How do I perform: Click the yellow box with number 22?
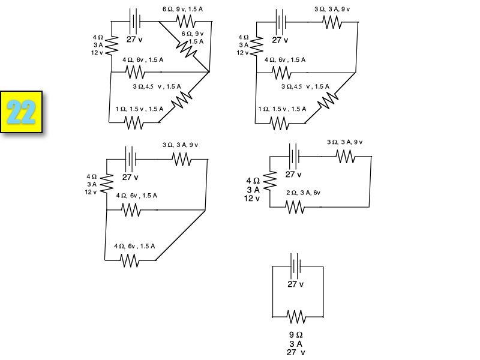point(23,111)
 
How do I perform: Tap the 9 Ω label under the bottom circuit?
point(295,335)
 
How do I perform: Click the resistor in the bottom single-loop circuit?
point(297,316)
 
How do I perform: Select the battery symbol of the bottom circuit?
point(295,265)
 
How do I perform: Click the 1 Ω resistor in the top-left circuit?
point(133,122)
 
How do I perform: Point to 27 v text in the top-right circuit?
point(280,40)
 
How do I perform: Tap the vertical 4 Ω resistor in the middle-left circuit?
point(107,181)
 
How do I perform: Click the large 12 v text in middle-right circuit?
point(252,199)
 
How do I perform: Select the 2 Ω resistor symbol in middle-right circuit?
point(295,207)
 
